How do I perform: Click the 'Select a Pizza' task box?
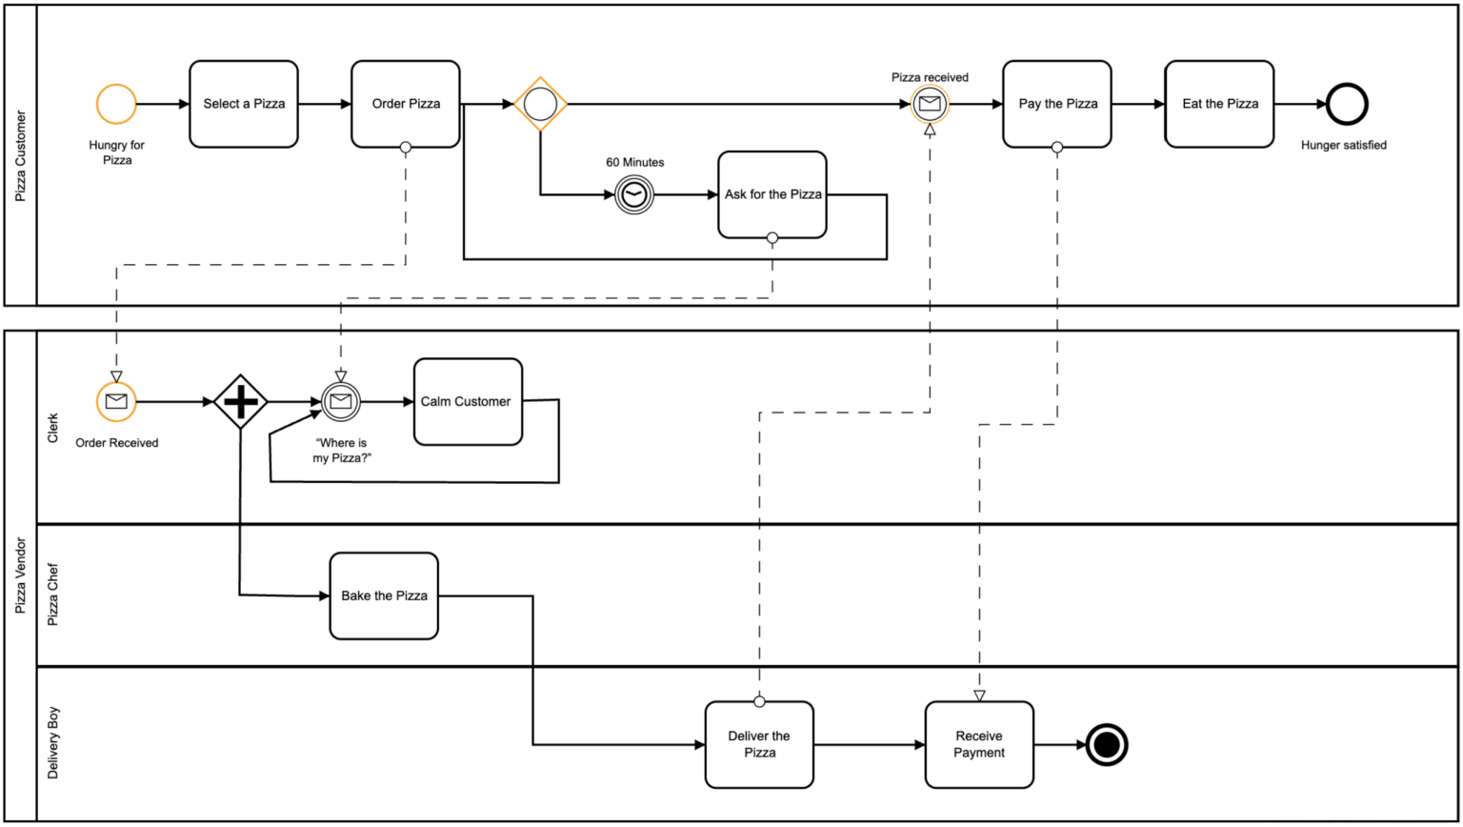pos(244,104)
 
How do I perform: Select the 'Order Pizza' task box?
pos(406,104)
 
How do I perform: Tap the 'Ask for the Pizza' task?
pos(772,194)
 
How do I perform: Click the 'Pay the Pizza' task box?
pos(1057,104)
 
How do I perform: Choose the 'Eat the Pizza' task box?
pos(1219,104)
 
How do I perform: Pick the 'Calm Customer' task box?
pos(468,401)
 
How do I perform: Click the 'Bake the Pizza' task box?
pos(384,595)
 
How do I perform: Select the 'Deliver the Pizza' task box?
pos(759,744)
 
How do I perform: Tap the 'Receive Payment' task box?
pos(979,744)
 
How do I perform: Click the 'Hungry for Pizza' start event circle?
pos(116,104)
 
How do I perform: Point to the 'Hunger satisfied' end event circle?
pos(1347,104)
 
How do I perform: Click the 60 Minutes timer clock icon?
pos(633,194)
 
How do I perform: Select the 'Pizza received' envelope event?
pos(930,104)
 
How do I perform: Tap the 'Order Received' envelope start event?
pos(116,401)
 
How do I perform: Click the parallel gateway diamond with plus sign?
pos(240,401)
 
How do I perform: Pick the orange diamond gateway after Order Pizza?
pos(540,104)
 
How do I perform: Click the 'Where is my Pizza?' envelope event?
pos(340,401)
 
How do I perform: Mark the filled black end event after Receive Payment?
pos(1107,744)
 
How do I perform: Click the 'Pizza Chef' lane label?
pos(53,595)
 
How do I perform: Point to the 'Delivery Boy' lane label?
pos(53,743)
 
